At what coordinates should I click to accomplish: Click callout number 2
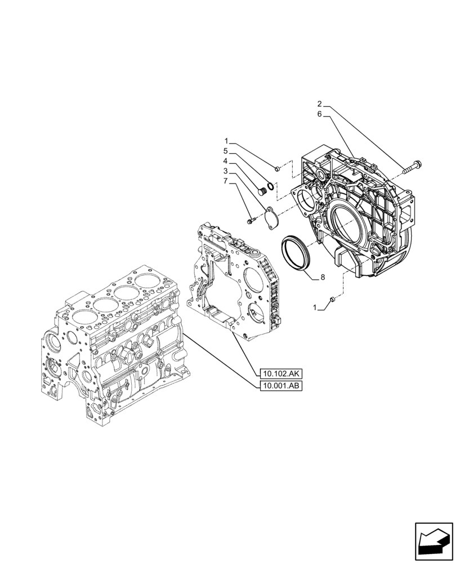click(x=319, y=104)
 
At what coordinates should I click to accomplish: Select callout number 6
click(x=319, y=114)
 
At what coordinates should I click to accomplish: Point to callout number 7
click(x=226, y=181)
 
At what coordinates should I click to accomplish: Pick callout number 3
click(x=226, y=171)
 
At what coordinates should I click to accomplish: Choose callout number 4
click(x=226, y=161)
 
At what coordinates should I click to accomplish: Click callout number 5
click(x=226, y=151)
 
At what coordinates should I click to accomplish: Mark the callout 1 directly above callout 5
click(x=226, y=141)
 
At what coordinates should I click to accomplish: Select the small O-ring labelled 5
click(x=271, y=187)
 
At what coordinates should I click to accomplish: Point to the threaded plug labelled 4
click(x=261, y=192)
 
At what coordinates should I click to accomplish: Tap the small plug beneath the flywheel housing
click(x=333, y=299)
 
